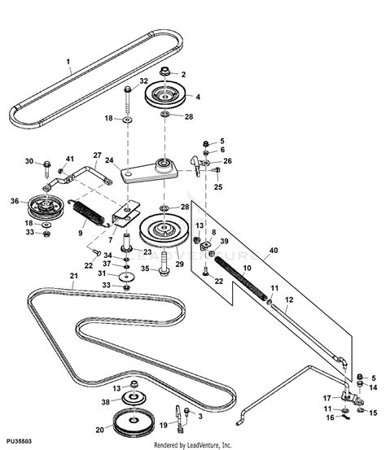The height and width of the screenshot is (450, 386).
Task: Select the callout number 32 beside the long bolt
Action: [x=143, y=81]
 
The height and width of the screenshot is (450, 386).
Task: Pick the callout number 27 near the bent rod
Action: [x=97, y=155]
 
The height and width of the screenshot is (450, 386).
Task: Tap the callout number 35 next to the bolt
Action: [x=143, y=266]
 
